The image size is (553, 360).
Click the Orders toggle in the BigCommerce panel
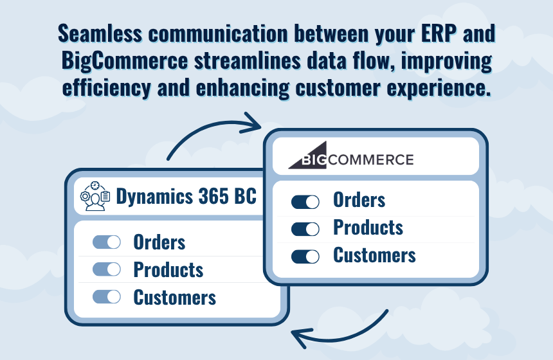[x=305, y=202]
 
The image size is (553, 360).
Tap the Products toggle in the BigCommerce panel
[x=305, y=230]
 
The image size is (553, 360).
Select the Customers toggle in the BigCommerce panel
[x=305, y=256]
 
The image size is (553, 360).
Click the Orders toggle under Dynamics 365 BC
[x=107, y=242]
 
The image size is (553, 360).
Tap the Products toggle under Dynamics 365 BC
[x=107, y=269]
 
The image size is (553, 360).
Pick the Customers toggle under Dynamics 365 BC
[x=107, y=296]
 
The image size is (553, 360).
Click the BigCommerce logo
[x=351, y=156]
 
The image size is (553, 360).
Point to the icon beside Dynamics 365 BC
[x=95, y=196]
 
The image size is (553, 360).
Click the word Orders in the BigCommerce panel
[x=359, y=200]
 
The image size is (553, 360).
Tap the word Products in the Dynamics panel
[x=168, y=270]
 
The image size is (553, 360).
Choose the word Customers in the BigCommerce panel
[x=374, y=255]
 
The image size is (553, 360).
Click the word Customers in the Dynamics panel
[x=174, y=297]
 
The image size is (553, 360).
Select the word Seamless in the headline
[x=100, y=34]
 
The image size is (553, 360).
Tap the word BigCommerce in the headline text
[x=125, y=60]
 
